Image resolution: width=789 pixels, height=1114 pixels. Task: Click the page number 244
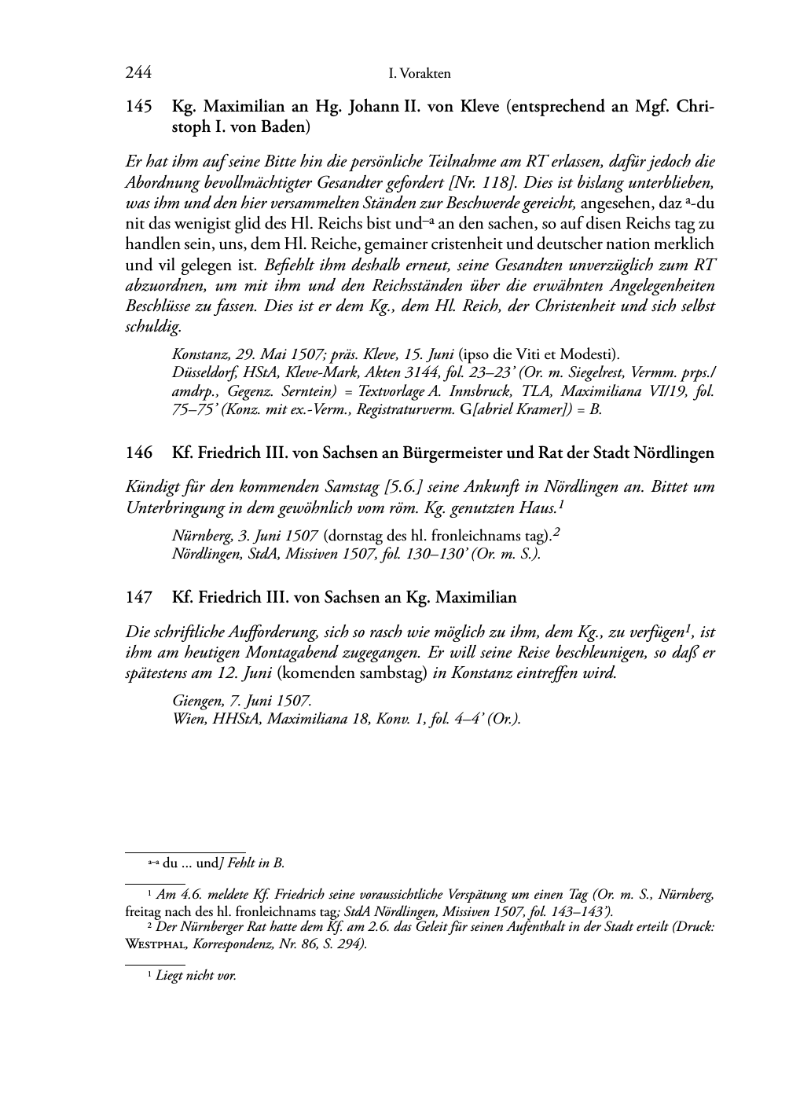tap(138, 73)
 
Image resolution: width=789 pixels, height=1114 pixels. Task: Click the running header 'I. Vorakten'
tap(420, 74)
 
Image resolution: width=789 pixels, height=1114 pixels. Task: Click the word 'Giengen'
tap(195, 700)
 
